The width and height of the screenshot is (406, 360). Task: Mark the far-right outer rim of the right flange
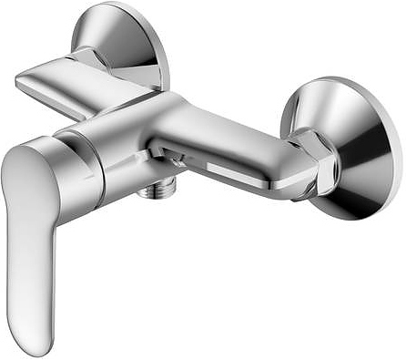coord(398,150)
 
